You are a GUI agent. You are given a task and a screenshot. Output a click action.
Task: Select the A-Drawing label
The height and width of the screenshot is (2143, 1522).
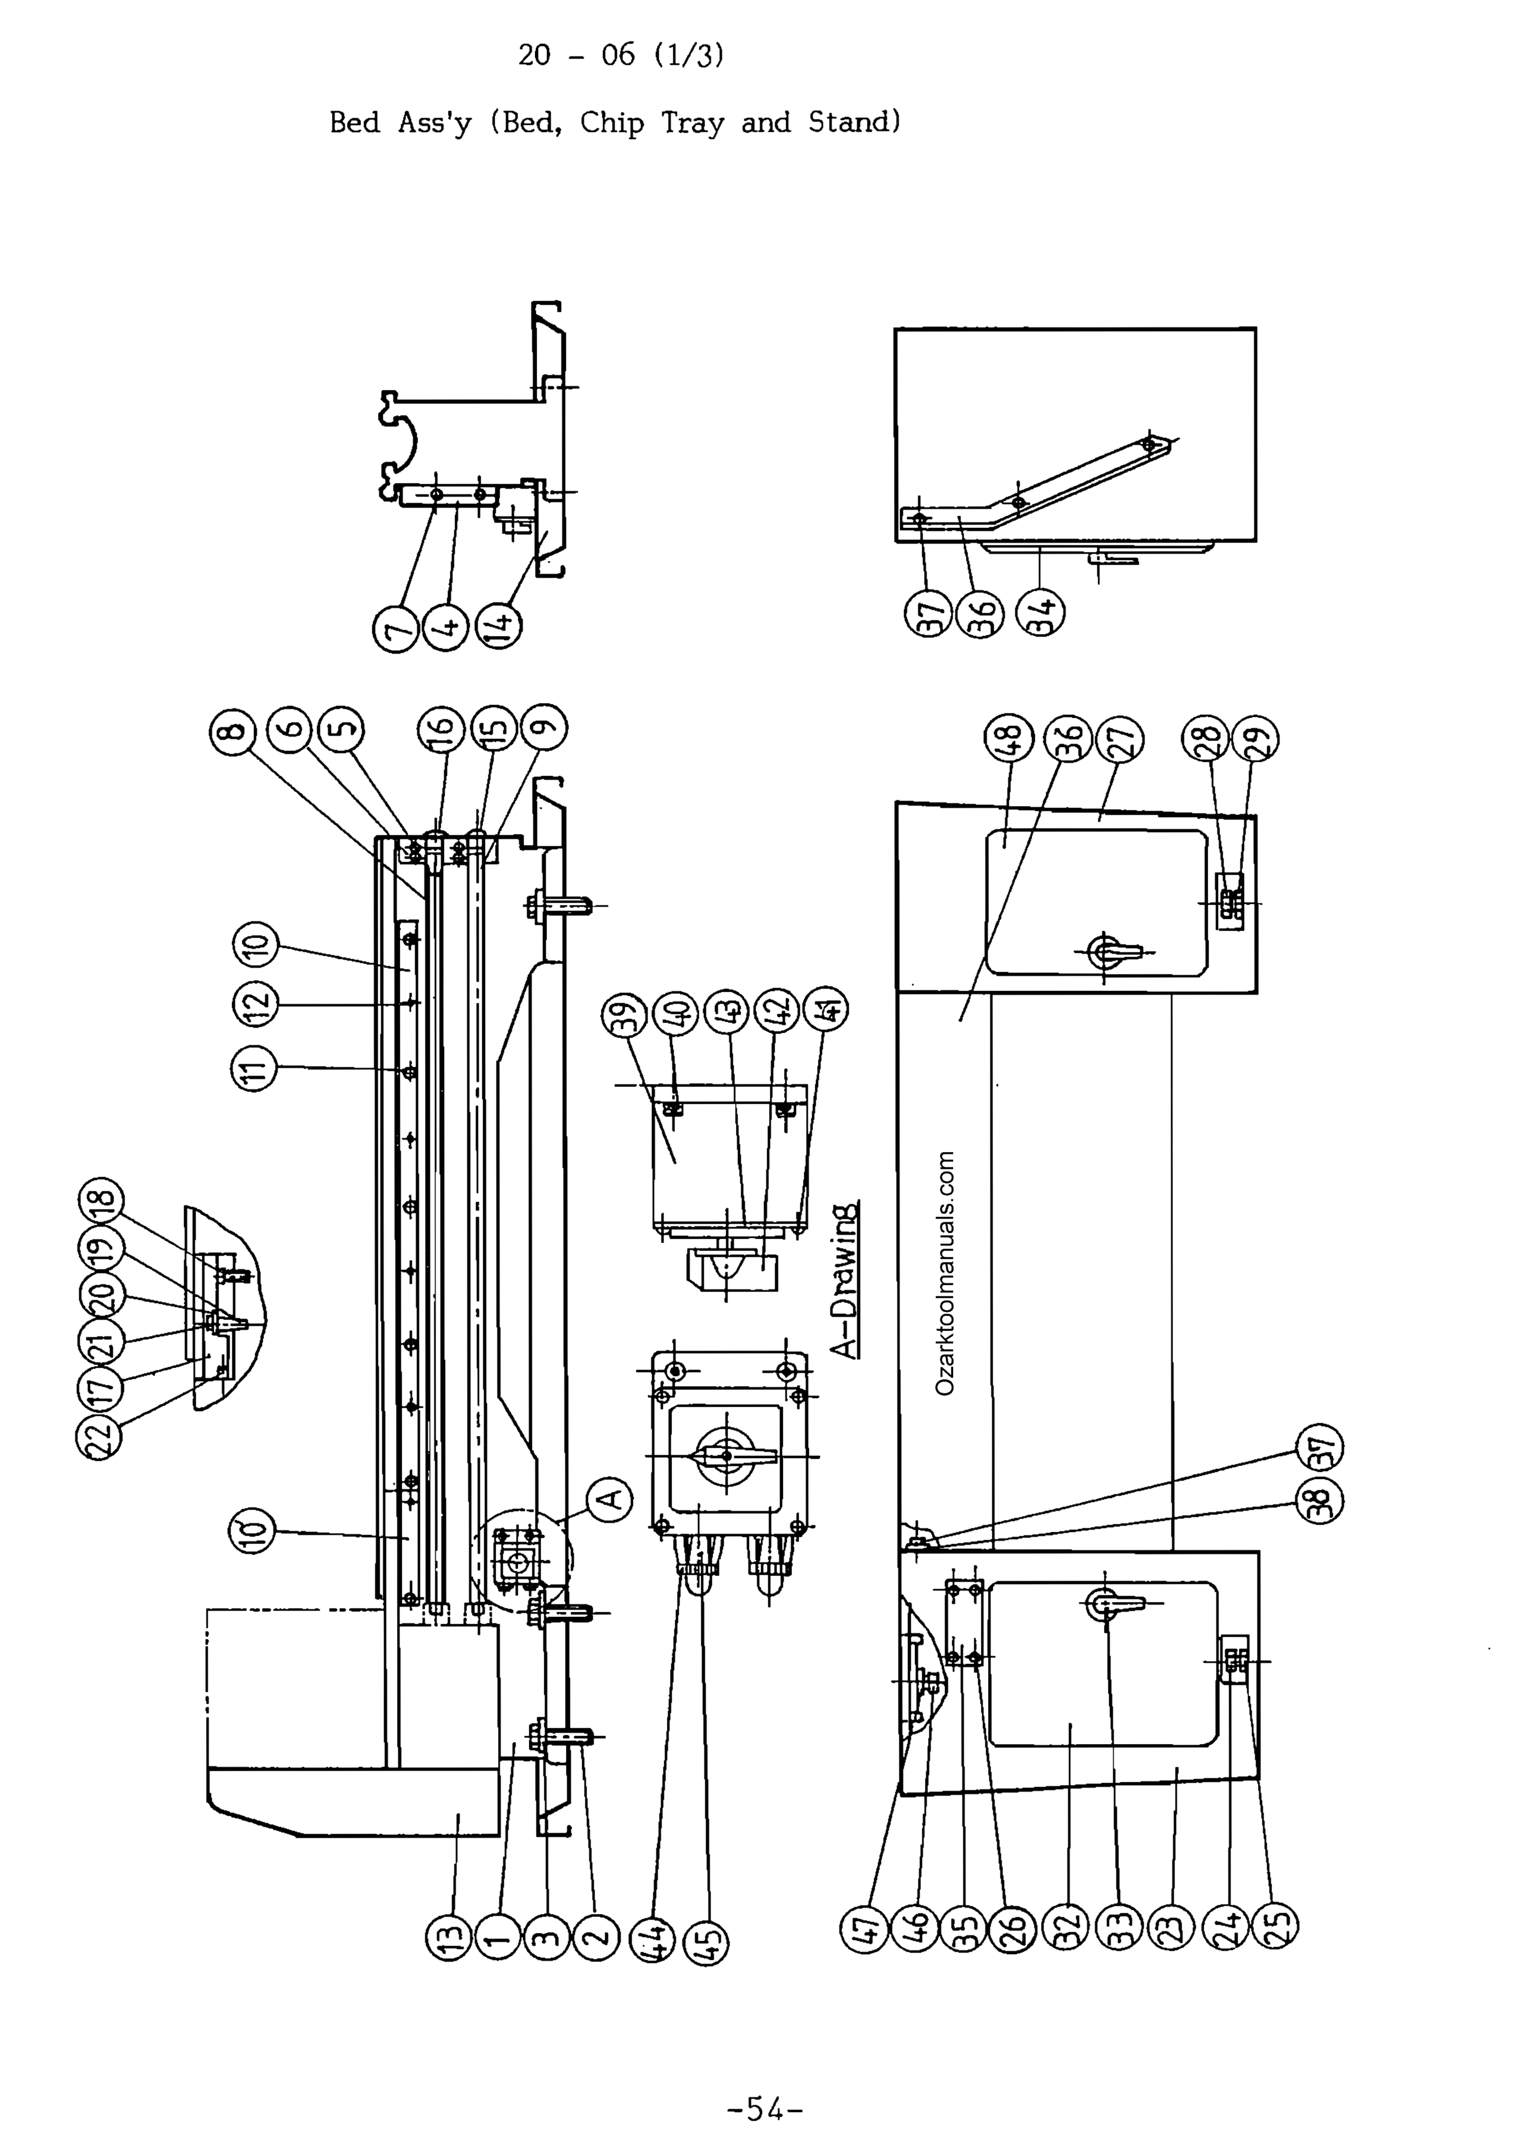pos(846,1278)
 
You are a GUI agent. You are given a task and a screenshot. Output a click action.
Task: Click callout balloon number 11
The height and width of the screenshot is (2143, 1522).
pos(255,1067)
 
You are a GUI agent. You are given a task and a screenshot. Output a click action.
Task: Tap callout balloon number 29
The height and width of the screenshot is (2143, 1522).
pos(1257,738)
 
